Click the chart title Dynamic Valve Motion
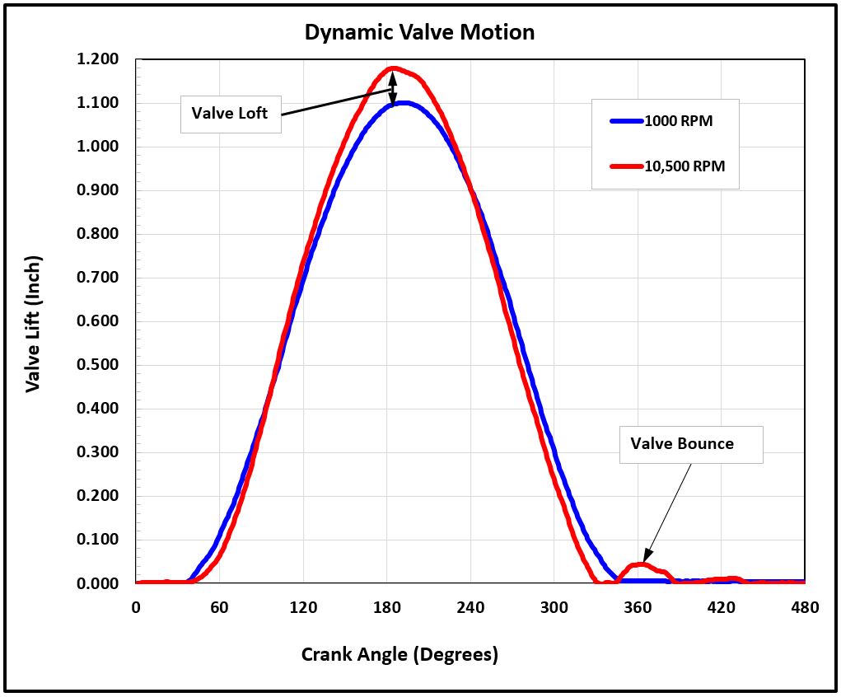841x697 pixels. click(419, 32)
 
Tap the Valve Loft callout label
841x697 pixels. click(230, 113)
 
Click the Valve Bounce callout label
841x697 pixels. click(682, 443)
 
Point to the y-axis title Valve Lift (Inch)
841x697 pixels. click(33, 323)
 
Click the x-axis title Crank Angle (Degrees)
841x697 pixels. click(399, 655)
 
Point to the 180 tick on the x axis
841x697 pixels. click(386, 608)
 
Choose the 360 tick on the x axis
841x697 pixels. click(637, 608)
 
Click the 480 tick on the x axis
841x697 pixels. click(804, 608)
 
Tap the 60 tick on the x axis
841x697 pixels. click(220, 608)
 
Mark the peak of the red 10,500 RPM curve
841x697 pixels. click(393, 68)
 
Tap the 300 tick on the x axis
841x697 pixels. click(554, 608)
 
